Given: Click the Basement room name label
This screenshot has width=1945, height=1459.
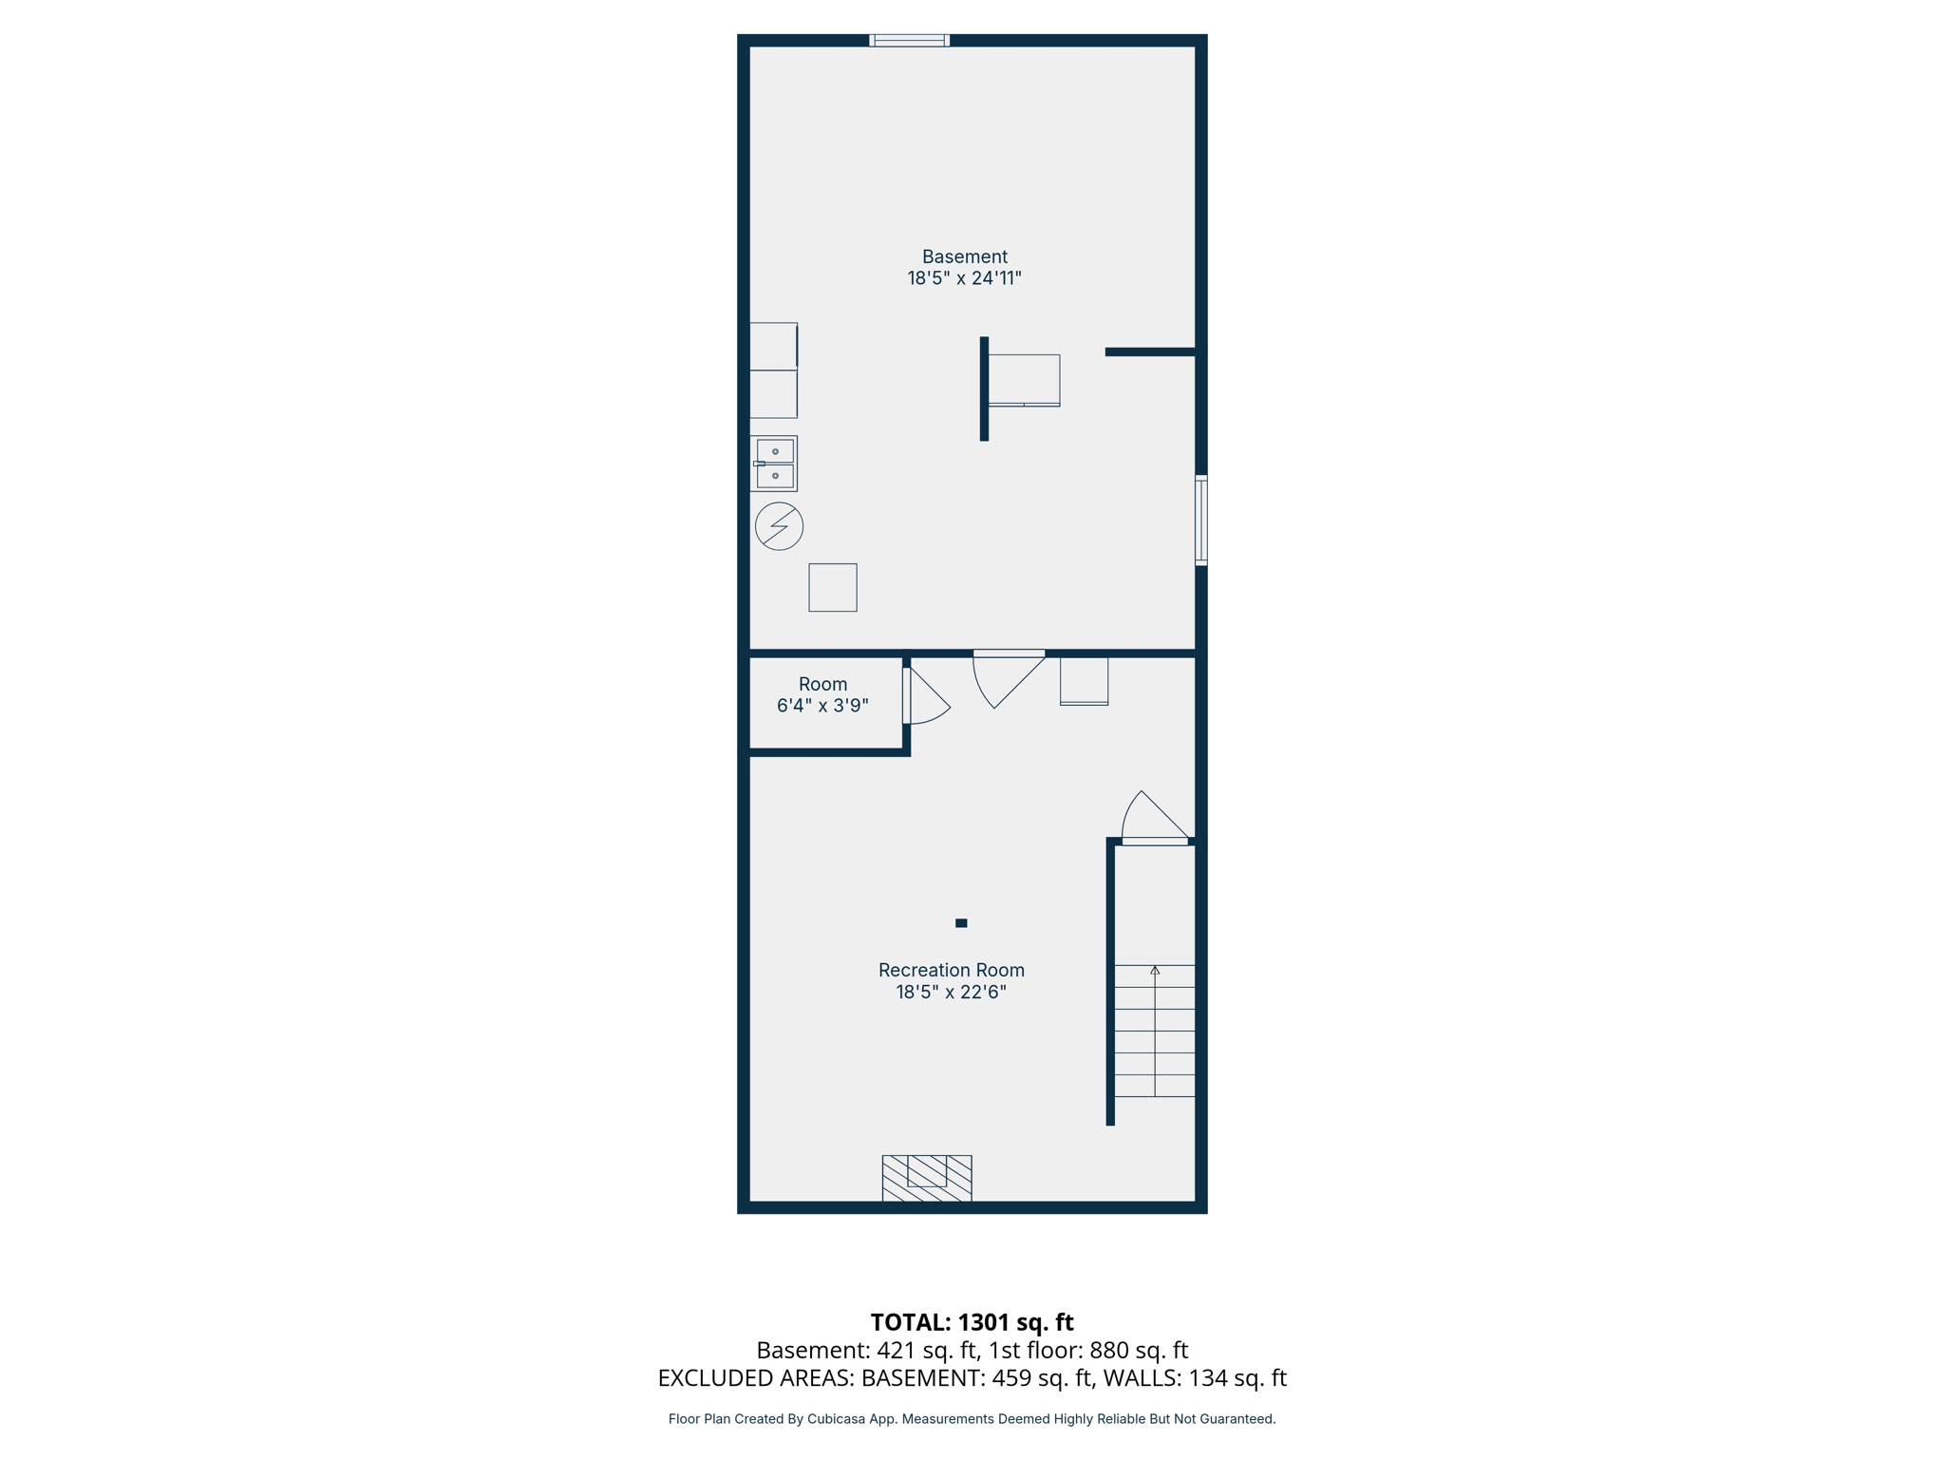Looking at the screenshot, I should click(964, 256).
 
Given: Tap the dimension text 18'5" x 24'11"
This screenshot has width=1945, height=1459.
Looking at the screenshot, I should click(964, 278).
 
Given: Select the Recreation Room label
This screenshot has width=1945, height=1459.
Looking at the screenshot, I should click(951, 970).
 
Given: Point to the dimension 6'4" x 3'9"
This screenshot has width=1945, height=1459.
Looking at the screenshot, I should click(822, 706).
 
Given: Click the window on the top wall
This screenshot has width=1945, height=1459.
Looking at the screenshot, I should click(909, 40).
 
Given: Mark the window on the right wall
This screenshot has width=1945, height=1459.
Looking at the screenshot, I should click(1200, 521).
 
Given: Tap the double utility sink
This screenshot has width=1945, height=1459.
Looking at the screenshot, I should click(774, 464).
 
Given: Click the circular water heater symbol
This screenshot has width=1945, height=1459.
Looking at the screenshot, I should click(779, 526).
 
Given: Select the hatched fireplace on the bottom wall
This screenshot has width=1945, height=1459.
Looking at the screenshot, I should click(926, 1178).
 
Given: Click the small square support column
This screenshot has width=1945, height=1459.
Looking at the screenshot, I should click(961, 922).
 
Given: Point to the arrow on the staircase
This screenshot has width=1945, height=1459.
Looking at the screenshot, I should click(1155, 971).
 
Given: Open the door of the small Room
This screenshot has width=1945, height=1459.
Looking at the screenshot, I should click(926, 698).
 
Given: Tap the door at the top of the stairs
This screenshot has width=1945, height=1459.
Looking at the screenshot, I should click(1155, 819).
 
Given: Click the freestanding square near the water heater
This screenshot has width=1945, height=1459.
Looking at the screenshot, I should click(833, 587).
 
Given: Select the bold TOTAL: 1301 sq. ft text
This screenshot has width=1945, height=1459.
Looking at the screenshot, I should click(972, 1322).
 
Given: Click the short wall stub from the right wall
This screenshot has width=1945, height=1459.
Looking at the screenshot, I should click(1149, 352).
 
